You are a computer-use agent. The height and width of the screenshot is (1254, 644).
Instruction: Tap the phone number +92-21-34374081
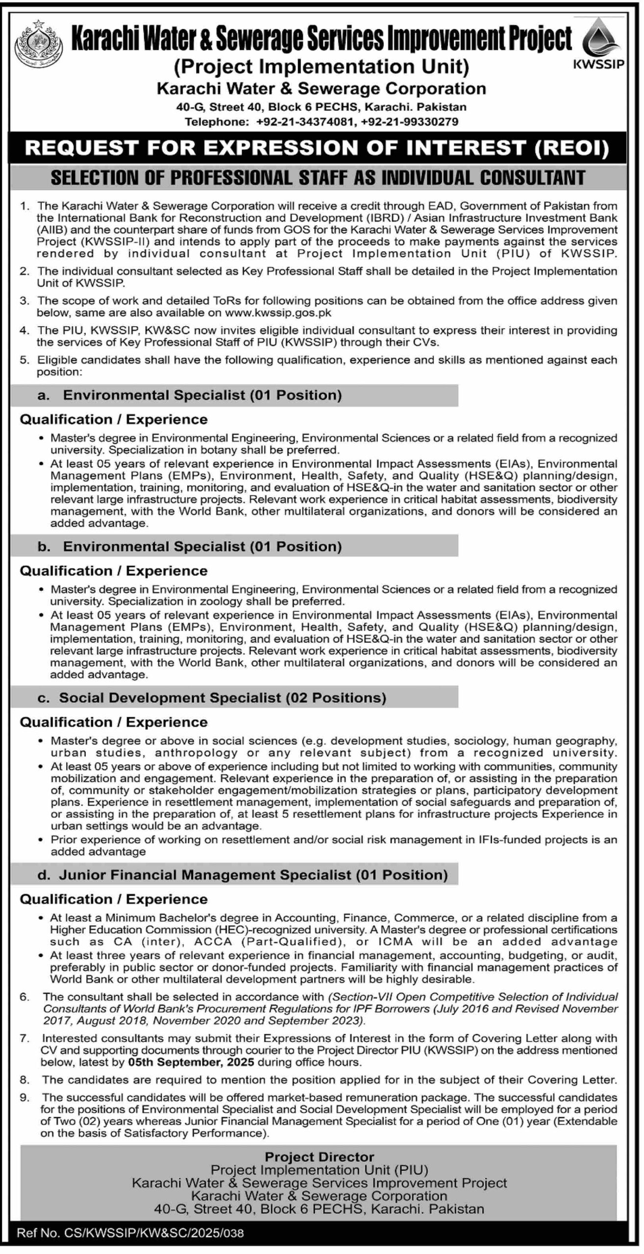(304, 122)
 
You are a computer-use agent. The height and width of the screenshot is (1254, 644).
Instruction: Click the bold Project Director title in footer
(319, 1157)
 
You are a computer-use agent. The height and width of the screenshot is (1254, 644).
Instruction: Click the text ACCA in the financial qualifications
(211, 941)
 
